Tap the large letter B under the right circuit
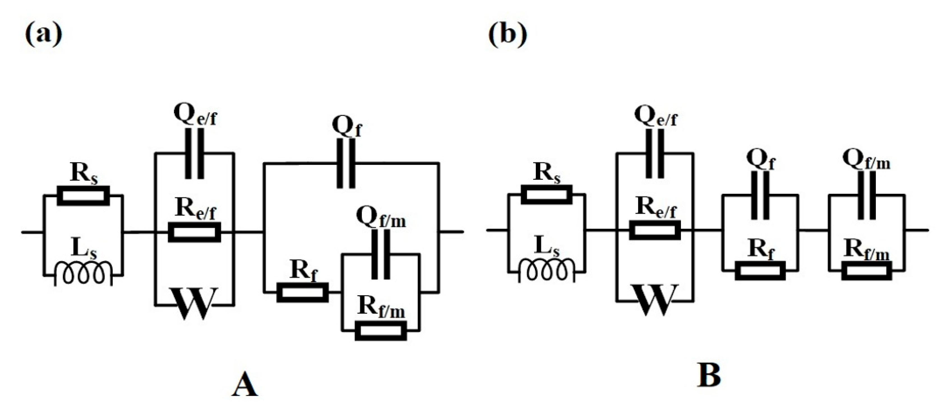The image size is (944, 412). pos(709,376)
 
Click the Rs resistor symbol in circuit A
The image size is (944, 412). pos(84,196)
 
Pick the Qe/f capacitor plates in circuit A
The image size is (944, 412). pos(195,153)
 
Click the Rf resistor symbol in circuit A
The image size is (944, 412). pos(302,293)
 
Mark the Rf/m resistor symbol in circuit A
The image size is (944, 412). pos(381,331)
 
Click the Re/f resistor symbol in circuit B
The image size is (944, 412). pos(655,230)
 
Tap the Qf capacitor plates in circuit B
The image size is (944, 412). pos(760,196)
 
